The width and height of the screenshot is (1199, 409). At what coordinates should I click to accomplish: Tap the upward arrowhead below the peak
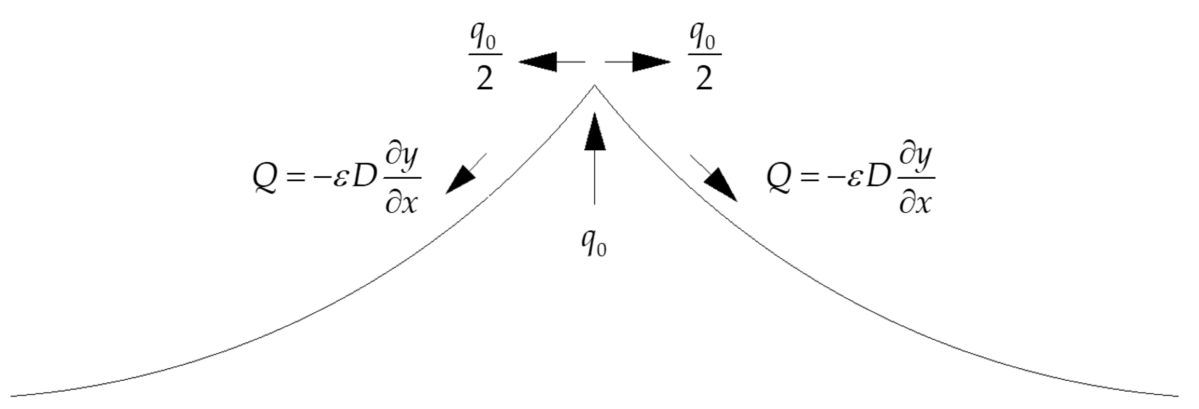pyautogui.click(x=594, y=133)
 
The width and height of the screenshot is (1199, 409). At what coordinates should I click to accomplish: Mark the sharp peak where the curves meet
pyautogui.click(x=594, y=86)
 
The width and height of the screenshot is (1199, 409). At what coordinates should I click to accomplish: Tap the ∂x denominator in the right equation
pyautogui.click(x=916, y=203)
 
